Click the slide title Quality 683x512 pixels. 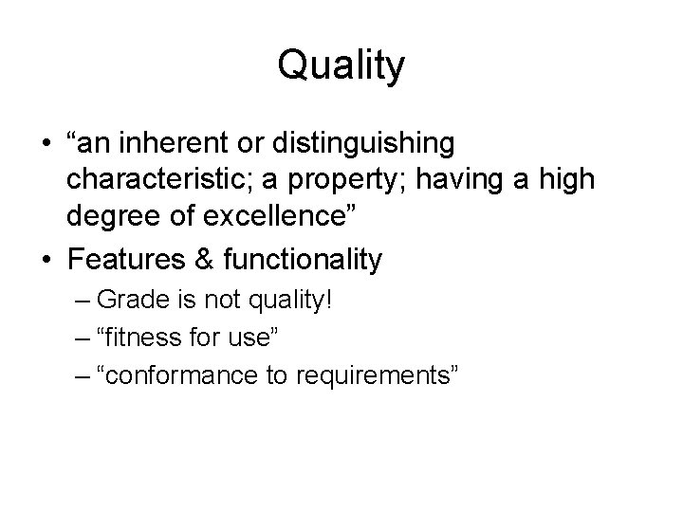[341, 65]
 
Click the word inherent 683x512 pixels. [166, 144]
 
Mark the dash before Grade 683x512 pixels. [80, 302]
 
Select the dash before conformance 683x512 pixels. [80, 376]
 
